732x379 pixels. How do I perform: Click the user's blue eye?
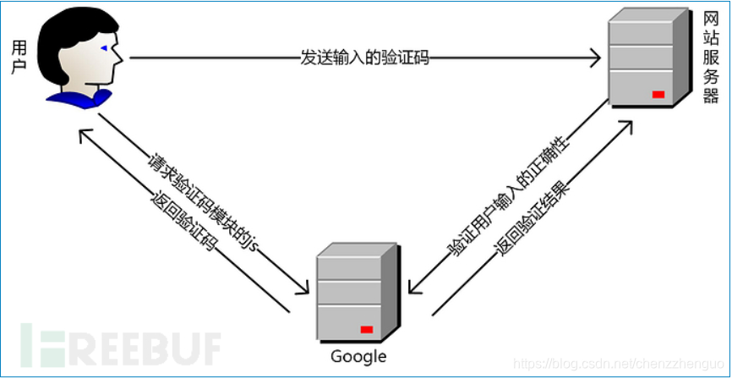[x=104, y=49]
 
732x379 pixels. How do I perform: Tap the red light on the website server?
[x=658, y=93]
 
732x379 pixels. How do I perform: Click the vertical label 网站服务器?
[x=711, y=58]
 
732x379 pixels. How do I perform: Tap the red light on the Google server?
[x=367, y=328]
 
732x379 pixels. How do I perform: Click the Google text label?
[x=358, y=356]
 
